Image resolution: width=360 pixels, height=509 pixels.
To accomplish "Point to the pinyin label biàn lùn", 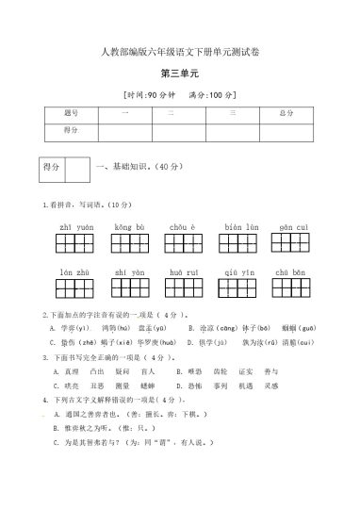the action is pyautogui.click(x=241, y=226).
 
